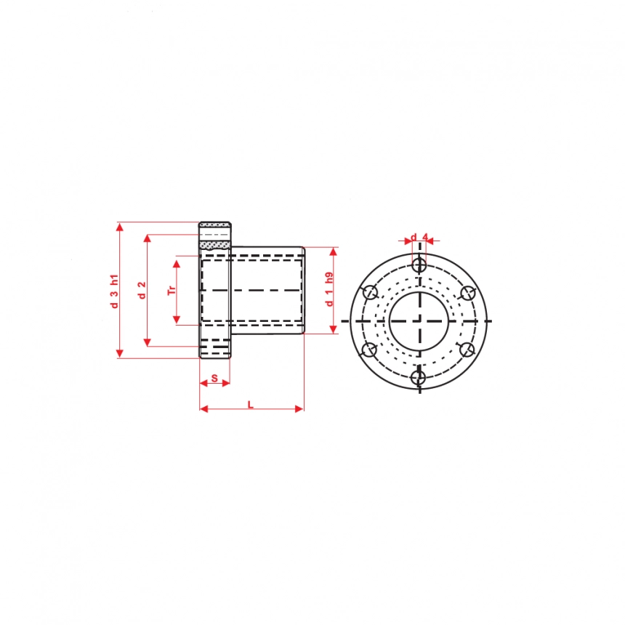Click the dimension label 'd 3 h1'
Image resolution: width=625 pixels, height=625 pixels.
click(115, 291)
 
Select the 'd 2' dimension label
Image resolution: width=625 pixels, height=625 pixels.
click(142, 290)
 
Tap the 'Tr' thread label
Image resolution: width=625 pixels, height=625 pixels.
click(172, 290)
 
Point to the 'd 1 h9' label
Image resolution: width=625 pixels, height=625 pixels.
click(329, 289)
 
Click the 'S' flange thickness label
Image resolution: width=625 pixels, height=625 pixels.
click(214, 378)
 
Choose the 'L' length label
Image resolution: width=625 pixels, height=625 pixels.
click(251, 405)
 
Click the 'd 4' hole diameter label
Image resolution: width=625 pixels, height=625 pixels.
click(419, 238)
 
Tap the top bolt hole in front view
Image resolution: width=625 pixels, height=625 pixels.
click(419, 265)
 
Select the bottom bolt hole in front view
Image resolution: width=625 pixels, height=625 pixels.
click(419, 377)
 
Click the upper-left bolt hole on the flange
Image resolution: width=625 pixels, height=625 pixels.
click(371, 292)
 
